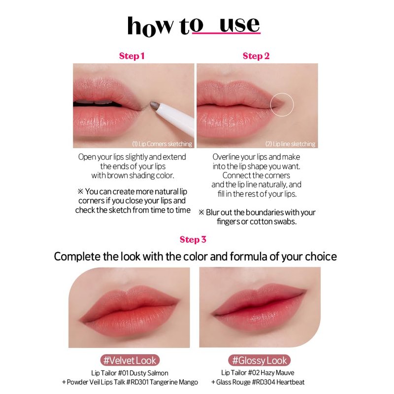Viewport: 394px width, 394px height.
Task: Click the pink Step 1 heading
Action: [131, 56]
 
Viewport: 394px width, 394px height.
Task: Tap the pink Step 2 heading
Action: [256, 56]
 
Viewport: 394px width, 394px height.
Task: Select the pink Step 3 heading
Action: [193, 239]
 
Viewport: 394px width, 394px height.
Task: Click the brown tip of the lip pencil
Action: [154, 105]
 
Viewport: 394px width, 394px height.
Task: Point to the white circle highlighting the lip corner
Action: [282, 93]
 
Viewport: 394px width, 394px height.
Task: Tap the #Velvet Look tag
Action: [130, 361]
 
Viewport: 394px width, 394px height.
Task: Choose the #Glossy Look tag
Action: [260, 361]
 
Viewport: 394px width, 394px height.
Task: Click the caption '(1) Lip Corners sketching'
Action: [162, 144]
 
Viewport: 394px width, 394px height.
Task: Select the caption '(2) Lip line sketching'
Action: [290, 144]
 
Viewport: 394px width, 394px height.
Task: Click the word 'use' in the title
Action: [239, 25]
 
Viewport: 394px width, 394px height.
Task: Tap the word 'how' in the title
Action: [150, 26]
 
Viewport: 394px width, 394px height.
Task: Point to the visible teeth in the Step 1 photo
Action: [94, 102]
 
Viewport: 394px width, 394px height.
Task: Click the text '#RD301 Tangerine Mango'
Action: [162, 382]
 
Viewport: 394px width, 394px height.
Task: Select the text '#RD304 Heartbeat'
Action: [278, 382]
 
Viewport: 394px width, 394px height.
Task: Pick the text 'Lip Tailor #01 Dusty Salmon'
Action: [130, 373]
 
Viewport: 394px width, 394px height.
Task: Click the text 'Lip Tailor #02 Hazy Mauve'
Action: [258, 373]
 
